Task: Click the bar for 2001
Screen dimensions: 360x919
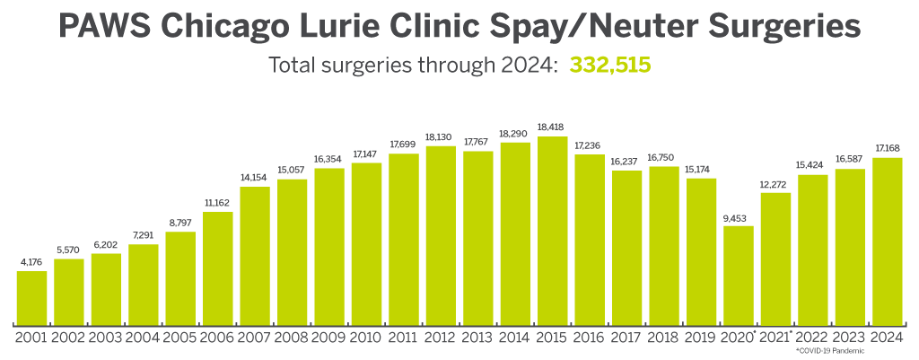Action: tap(31, 297)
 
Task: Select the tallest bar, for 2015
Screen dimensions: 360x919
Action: tap(553, 230)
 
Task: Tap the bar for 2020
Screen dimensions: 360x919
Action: tap(739, 275)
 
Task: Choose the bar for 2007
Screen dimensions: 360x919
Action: tap(255, 255)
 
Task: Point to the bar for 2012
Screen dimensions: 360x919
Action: tap(442, 234)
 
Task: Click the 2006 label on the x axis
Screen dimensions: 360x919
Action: tap(218, 338)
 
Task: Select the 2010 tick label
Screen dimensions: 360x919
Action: tap(367, 338)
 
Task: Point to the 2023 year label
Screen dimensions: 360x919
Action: tap(850, 338)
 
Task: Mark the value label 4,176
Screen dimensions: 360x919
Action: tap(31, 263)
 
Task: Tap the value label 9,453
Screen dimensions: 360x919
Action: tap(739, 217)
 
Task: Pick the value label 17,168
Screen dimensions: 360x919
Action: tap(888, 149)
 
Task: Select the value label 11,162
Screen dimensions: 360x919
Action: tap(218, 204)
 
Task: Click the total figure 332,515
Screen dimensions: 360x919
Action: tap(609, 66)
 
